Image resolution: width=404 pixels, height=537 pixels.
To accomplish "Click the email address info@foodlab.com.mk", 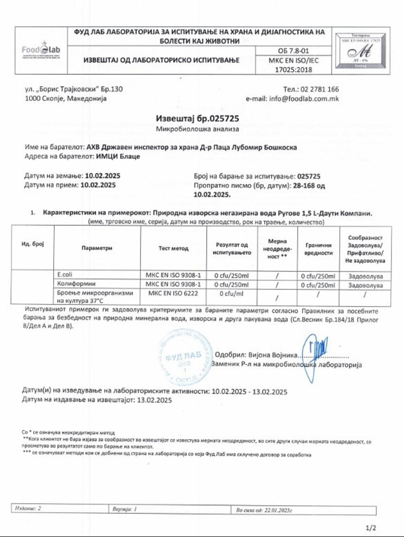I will pyautogui.click(x=304, y=98).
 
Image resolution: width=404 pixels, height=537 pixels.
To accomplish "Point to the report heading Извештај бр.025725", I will pyautogui.click(x=197, y=118).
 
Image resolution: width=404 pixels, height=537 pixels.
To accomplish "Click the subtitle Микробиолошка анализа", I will pyautogui.click(x=197, y=129).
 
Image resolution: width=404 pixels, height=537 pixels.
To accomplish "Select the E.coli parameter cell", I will pyautogui.click(x=65, y=274).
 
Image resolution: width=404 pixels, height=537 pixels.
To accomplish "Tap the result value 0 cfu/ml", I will pyautogui.click(x=231, y=294).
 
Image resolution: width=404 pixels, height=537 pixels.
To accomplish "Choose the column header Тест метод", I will pyautogui.click(x=173, y=248).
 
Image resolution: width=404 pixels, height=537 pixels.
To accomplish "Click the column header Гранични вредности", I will pyautogui.click(x=318, y=249).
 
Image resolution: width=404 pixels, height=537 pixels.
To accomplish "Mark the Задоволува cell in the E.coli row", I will pyautogui.click(x=365, y=276).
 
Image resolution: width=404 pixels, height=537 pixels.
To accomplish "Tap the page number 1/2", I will pyautogui.click(x=371, y=528).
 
